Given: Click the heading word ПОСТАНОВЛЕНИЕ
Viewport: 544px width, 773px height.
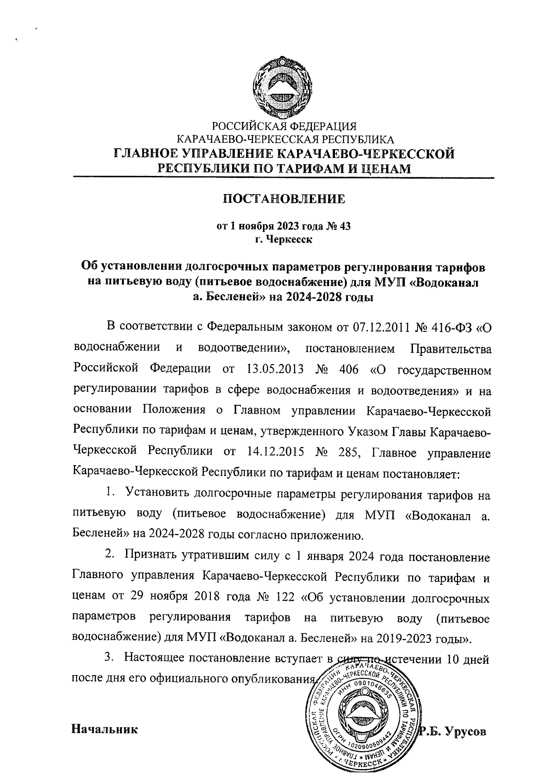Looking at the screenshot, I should coord(285,199).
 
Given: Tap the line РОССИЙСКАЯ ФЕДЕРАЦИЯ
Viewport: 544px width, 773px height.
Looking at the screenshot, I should coord(285,126).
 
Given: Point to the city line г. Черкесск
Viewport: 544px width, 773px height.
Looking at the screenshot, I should coord(284,239).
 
